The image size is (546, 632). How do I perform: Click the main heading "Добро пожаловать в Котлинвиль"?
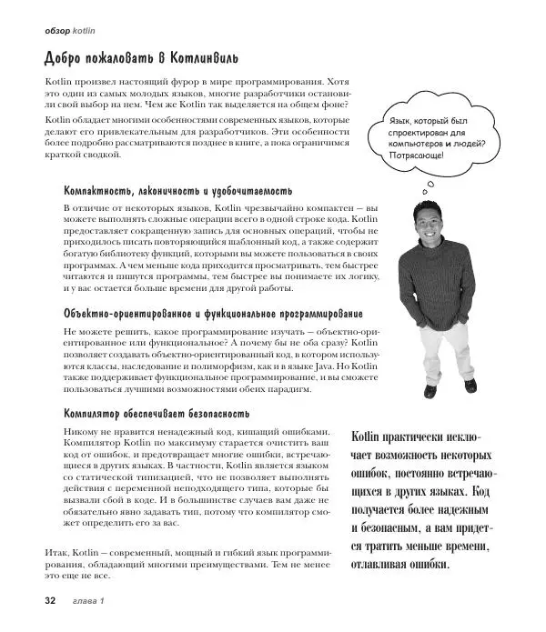142,59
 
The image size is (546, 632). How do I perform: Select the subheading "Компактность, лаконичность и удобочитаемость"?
177,191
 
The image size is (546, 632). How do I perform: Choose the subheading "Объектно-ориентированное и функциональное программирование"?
213,313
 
